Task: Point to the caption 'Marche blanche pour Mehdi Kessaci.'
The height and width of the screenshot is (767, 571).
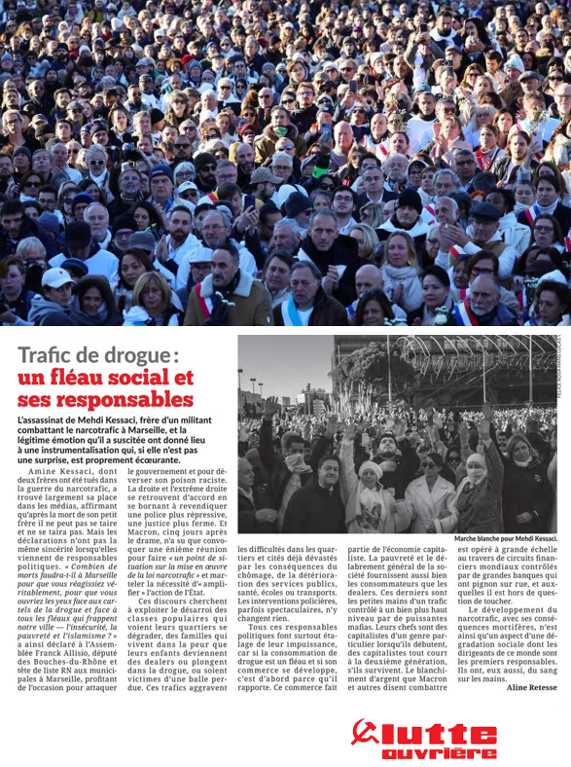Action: [x=506, y=538]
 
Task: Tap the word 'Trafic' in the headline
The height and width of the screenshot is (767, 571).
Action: [x=48, y=356]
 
